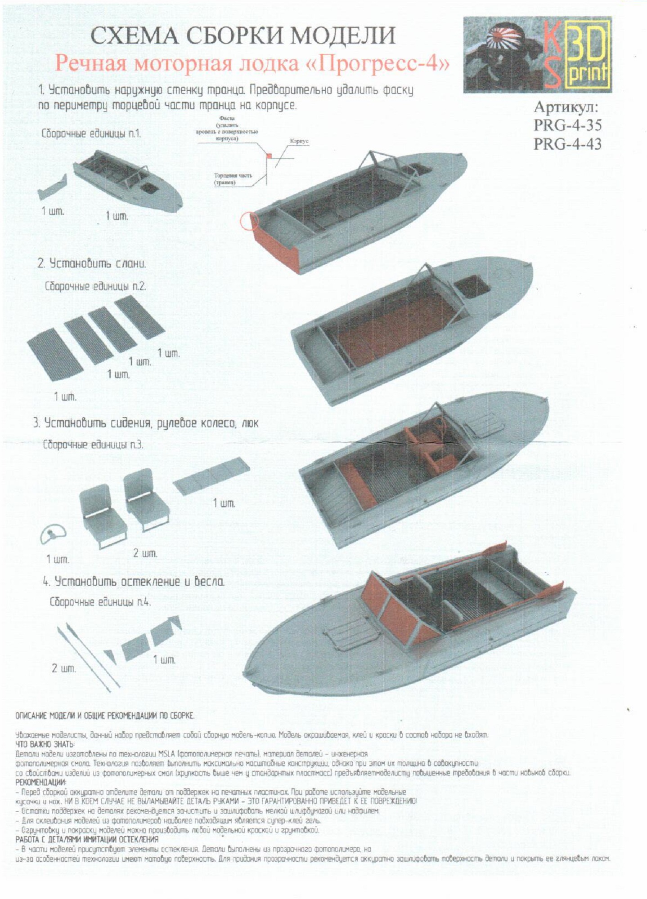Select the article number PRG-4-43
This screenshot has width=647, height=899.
[567, 144]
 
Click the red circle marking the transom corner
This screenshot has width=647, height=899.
[249, 221]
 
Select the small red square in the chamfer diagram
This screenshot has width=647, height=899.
[269, 156]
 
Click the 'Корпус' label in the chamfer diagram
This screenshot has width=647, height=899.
[299, 141]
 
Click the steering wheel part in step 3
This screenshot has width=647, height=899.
[53, 534]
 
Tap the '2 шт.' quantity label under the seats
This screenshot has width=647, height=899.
[145, 553]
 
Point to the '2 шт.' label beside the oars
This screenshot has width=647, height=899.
[63, 668]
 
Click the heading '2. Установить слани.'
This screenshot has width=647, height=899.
[92, 263]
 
